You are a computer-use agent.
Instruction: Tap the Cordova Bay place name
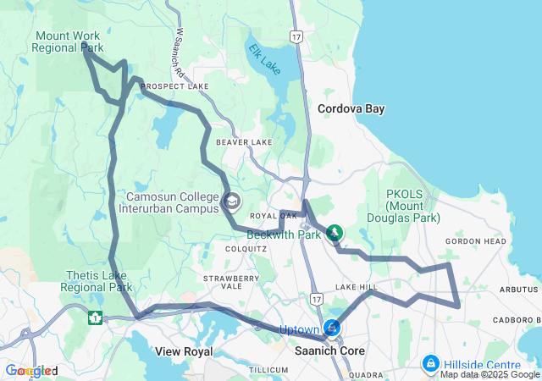tap(351, 109)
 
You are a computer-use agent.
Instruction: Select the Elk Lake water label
tap(263, 58)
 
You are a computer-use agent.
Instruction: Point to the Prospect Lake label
tap(174, 87)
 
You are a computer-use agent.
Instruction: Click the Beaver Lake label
tap(244, 142)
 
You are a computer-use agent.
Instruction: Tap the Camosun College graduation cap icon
tap(231, 202)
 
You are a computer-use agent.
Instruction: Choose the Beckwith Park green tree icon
tap(335, 231)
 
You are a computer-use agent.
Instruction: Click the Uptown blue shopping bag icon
tap(332, 328)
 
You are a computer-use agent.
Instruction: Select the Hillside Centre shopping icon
tap(431, 363)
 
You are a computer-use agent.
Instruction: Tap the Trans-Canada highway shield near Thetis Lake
tap(95, 318)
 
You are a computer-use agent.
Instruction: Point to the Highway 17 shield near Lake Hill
tap(316, 299)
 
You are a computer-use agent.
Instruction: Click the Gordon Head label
tap(475, 241)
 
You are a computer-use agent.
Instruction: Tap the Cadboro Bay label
tap(511, 320)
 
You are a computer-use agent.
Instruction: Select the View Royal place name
tap(182, 351)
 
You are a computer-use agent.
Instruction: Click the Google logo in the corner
tap(30, 371)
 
